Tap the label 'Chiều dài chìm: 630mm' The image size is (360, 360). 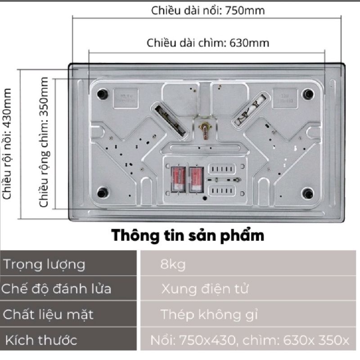pyautogui.click(x=208, y=43)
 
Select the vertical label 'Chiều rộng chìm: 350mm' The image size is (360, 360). pyautogui.click(x=44, y=142)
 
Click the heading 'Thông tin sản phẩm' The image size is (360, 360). pyautogui.click(x=188, y=235)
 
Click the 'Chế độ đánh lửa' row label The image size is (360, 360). pyautogui.click(x=56, y=288)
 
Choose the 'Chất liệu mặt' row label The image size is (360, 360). pyautogui.click(x=49, y=314)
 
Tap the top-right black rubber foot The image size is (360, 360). pyautogui.click(x=308, y=94)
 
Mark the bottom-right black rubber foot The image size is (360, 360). pyautogui.click(x=308, y=193)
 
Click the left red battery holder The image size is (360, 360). pyautogui.click(x=177, y=179)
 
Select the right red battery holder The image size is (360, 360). pyautogui.click(x=196, y=179)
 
